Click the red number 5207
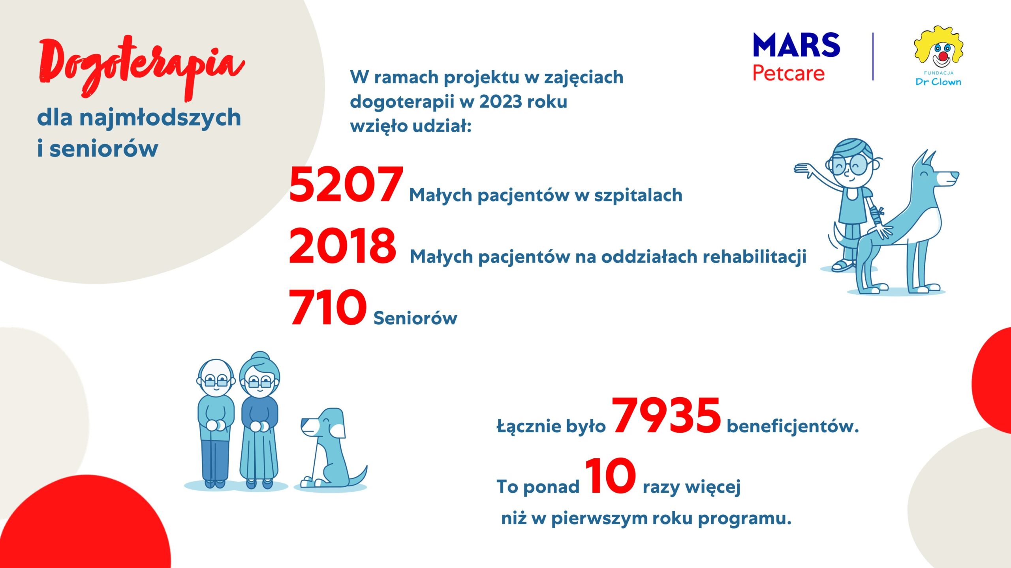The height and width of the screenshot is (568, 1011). [x=346, y=184]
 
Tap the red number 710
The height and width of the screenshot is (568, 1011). [x=327, y=307]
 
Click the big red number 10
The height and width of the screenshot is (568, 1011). [x=611, y=476]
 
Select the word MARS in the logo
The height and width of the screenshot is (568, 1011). [x=797, y=45]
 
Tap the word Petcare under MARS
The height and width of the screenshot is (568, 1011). [x=789, y=73]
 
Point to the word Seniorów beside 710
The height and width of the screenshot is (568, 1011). [x=415, y=318]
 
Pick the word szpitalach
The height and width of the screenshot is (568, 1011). [x=638, y=195]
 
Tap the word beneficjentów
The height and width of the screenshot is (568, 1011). [x=793, y=426]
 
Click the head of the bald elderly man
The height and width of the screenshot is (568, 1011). [x=216, y=379]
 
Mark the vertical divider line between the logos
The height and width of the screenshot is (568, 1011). [x=873, y=57]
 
